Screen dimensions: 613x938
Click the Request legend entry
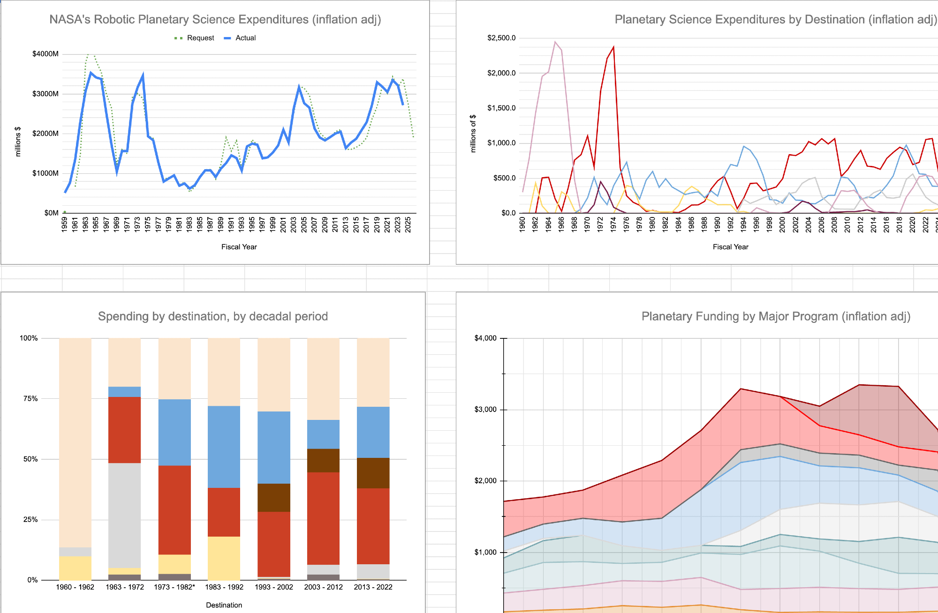pyautogui.click(x=194, y=38)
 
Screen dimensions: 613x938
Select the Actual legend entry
pyautogui.click(x=240, y=38)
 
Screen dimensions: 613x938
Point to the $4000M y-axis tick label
pyautogui.click(x=45, y=54)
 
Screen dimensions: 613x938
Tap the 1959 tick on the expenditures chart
pyautogui.click(x=65, y=224)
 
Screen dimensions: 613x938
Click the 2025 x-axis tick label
pyautogui.click(x=408, y=224)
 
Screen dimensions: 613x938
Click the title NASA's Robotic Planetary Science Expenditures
pyautogui.click(x=215, y=20)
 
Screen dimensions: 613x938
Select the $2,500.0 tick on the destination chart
pyautogui.click(x=501, y=38)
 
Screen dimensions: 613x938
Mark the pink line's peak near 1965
pyautogui.click(x=555, y=42)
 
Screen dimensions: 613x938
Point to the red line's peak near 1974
pyautogui.click(x=613, y=47)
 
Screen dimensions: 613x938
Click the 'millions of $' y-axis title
pyautogui.click(x=473, y=134)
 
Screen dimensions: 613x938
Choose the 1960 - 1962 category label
pyautogui.click(x=75, y=587)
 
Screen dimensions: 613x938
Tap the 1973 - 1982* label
pyautogui.click(x=174, y=587)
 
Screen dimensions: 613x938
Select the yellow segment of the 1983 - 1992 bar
pyautogui.click(x=224, y=558)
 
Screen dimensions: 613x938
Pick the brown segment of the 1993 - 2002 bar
pyautogui.click(x=274, y=497)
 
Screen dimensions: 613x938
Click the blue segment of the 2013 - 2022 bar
pyautogui.click(x=373, y=432)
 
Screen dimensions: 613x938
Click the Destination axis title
pyautogui.click(x=224, y=605)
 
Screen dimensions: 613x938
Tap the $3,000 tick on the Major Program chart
pyautogui.click(x=485, y=410)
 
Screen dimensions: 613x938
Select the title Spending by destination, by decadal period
pyautogui.click(x=212, y=316)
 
